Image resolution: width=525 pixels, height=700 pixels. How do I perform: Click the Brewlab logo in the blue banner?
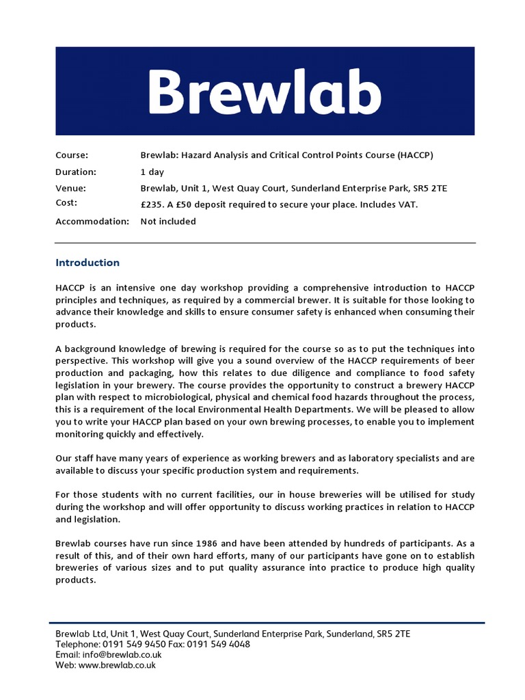[x=265, y=92]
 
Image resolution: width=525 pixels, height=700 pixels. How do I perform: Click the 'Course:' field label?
[x=72, y=155]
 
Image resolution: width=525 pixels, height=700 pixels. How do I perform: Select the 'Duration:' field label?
[x=76, y=172]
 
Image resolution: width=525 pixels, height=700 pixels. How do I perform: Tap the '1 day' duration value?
[x=152, y=172]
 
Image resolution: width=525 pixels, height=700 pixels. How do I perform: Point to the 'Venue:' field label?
[x=71, y=188]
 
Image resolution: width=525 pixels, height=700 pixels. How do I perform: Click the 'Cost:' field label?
[x=66, y=203]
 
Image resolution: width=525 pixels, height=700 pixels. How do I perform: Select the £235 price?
[x=152, y=204]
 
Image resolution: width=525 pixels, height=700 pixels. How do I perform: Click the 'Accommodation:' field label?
[x=92, y=221]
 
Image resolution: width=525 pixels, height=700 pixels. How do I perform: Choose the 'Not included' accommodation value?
[x=168, y=221]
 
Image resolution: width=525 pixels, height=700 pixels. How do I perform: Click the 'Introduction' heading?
[x=87, y=262]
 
